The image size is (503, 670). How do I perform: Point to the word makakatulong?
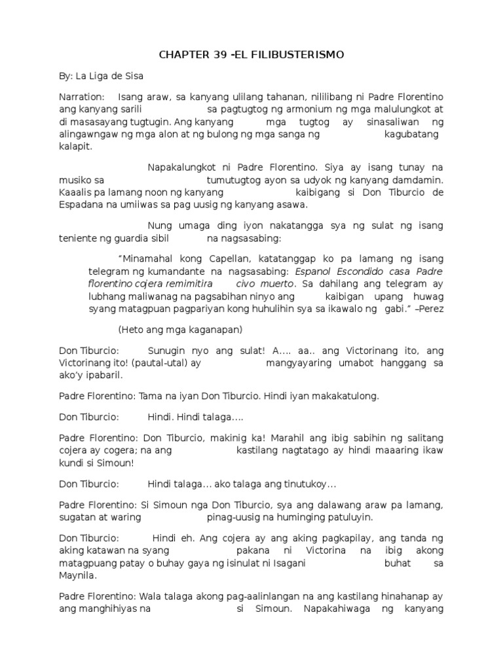point(348,397)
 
